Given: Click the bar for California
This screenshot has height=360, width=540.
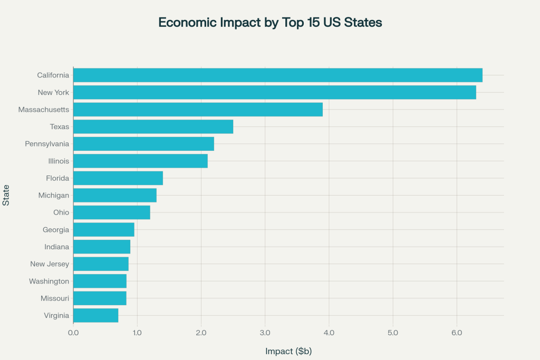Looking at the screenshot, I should coord(277,75).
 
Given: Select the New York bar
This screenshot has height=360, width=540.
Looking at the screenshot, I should coord(274,92).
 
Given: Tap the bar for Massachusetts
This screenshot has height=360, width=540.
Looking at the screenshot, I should coord(198,110).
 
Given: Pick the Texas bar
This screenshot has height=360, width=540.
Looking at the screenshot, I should coord(153,127).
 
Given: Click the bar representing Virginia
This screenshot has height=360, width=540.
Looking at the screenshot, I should coord(95,316).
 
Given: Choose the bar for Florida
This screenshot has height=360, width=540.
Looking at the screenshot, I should coord(118,178).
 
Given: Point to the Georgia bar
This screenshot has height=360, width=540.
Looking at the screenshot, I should coord(104,230).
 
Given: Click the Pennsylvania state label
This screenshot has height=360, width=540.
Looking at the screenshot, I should coord(47,144).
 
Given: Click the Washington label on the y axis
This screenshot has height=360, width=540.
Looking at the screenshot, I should coord(49,281).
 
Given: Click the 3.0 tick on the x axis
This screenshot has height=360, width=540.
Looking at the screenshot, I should coord(265,333).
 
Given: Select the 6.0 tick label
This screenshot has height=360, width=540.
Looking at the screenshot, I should coord(457,333).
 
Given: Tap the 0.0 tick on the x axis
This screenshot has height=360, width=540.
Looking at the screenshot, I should coord(73,333).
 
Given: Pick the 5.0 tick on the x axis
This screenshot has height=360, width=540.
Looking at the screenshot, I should coord(393,333).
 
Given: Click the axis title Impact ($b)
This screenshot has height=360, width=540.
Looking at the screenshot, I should coord(288,351).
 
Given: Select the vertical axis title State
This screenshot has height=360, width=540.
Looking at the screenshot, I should coord(6,196).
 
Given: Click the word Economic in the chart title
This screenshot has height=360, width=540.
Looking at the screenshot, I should coord(185,23).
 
